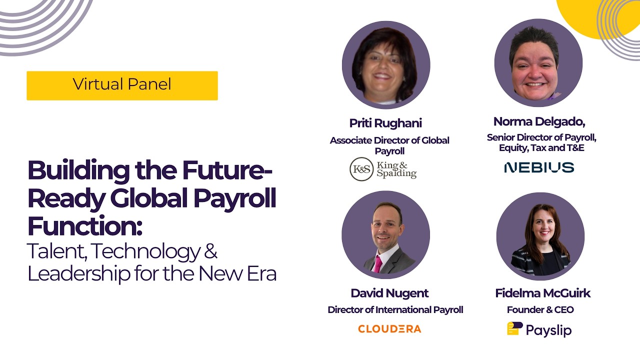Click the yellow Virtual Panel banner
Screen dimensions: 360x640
click(x=122, y=85)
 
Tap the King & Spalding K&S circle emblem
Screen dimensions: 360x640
click(x=361, y=169)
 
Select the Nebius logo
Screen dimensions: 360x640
click(x=539, y=167)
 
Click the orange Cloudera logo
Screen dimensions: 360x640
click(x=389, y=329)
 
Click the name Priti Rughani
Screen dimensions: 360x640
click(x=385, y=123)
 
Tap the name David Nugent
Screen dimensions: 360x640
click(x=389, y=293)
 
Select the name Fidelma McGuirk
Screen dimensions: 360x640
click(x=542, y=293)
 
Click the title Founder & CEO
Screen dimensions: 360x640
click(x=540, y=310)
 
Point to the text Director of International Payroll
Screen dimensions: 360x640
click(x=395, y=310)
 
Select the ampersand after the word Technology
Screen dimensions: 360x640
click(x=210, y=250)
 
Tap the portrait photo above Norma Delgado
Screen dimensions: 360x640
click(x=538, y=63)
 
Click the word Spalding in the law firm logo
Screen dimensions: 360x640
click(x=396, y=173)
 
